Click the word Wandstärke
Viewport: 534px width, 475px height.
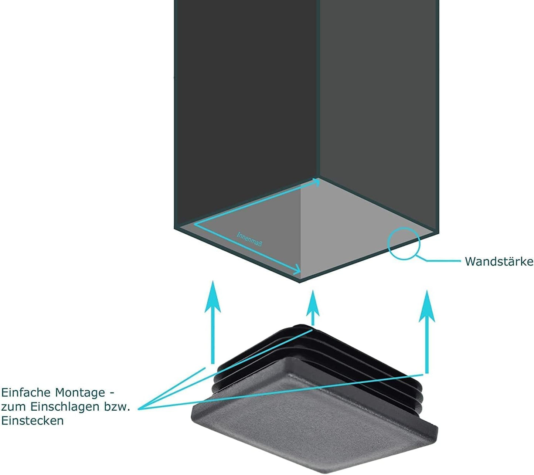(x=499, y=261)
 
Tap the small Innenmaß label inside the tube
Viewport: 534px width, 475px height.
(x=249, y=239)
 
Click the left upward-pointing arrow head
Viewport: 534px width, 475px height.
(x=213, y=296)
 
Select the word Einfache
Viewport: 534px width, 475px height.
(x=26, y=393)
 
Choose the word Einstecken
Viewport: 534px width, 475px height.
(x=33, y=421)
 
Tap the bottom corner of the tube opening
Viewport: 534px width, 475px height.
(x=299, y=282)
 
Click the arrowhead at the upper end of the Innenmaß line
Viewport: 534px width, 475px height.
(x=316, y=181)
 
